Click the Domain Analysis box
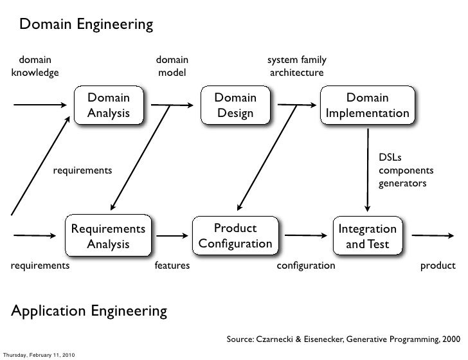(x=108, y=105)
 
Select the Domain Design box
(x=235, y=105)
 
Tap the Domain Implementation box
(x=367, y=105)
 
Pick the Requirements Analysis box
(x=108, y=237)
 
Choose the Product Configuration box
(x=235, y=237)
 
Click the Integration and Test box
(x=367, y=237)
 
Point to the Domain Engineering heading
(x=86, y=25)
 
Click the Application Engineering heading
(x=89, y=312)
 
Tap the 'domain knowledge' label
(x=35, y=67)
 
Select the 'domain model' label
(x=172, y=67)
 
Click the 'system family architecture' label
(x=296, y=67)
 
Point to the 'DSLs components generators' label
(x=405, y=170)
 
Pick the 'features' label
(x=172, y=265)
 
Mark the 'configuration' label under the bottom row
(x=305, y=265)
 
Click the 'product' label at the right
(x=437, y=265)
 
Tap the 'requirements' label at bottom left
(x=39, y=265)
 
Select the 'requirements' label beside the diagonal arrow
(x=82, y=170)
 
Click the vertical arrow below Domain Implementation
(x=367, y=169)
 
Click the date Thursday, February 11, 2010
(x=39, y=355)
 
